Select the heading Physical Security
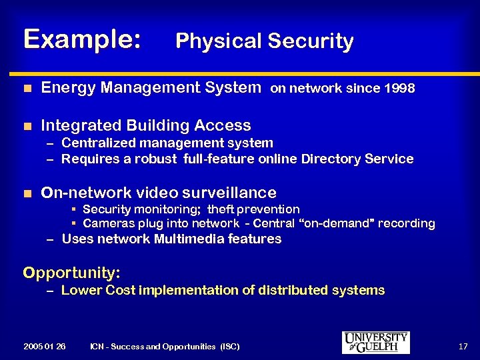click(264, 41)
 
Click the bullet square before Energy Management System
click(27, 87)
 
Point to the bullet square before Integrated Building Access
click(27, 125)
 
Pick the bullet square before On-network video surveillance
click(27, 193)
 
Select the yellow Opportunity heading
click(71, 273)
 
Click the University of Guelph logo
click(375, 342)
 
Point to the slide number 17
click(463, 346)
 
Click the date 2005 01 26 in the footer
click(44, 346)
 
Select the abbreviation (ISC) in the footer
click(228, 346)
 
